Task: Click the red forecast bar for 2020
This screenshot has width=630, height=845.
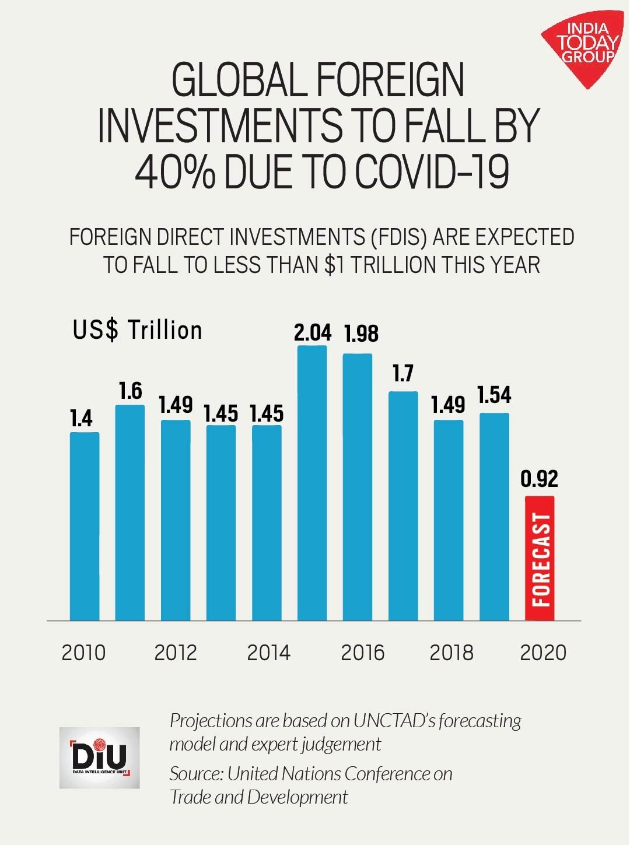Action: [540, 558]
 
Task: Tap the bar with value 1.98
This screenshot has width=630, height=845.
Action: [358, 487]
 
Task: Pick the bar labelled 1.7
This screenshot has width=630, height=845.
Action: [403, 506]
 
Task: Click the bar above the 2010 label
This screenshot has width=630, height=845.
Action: [85, 526]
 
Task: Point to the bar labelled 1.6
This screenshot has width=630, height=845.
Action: [130, 513]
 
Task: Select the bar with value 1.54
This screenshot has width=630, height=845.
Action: [494, 517]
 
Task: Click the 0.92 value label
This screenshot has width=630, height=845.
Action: [539, 479]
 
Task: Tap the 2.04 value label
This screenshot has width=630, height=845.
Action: [313, 332]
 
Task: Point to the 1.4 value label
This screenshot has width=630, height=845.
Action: [82, 418]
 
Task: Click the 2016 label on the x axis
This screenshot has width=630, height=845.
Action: [362, 653]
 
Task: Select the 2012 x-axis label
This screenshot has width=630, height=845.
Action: [176, 653]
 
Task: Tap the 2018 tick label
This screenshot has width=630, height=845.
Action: [452, 653]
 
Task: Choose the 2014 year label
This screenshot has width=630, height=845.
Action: [268, 653]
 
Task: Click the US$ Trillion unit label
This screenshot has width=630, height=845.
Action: [138, 330]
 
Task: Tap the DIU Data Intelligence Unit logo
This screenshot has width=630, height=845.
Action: [99, 758]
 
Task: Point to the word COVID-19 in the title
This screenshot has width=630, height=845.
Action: [432, 172]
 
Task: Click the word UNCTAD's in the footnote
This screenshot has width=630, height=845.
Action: [394, 721]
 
